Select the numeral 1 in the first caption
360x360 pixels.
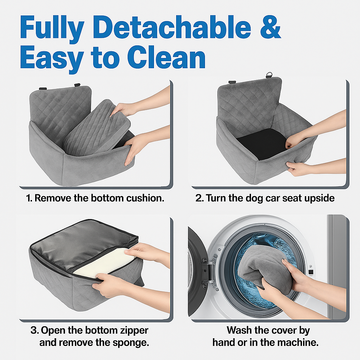click(x=29, y=198)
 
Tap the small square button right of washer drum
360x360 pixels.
click(x=310, y=272)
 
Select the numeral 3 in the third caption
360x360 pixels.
click(x=34, y=330)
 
